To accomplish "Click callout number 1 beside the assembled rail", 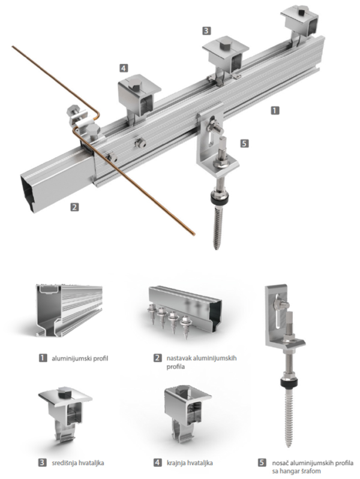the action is tap(275, 110).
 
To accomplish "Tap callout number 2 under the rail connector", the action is tap(74, 207).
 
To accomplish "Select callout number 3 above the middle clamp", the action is tap(206, 31).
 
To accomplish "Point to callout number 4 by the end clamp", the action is tap(123, 68).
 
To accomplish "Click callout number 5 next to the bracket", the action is tap(244, 143).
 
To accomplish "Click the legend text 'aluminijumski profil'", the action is tap(80, 358).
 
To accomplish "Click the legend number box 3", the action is tap(43, 462).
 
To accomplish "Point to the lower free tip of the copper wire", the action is tap(193, 234).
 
